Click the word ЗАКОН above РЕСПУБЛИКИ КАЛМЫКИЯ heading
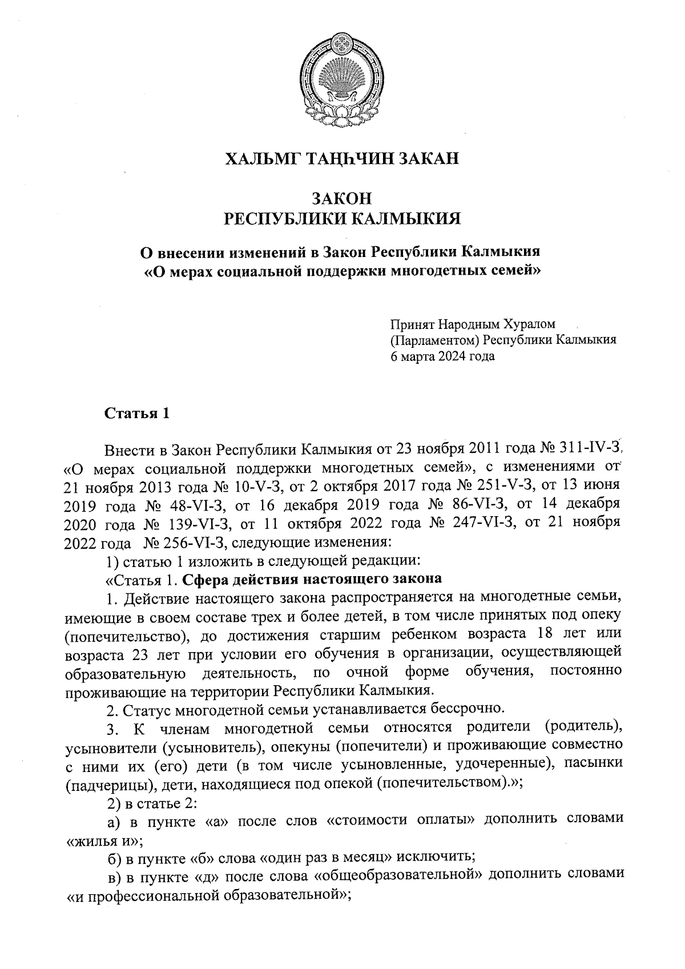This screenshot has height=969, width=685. point(342,199)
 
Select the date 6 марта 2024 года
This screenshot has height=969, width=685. point(442,357)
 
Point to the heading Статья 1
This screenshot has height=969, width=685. point(137,413)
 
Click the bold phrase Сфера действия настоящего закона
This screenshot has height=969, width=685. point(312,578)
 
